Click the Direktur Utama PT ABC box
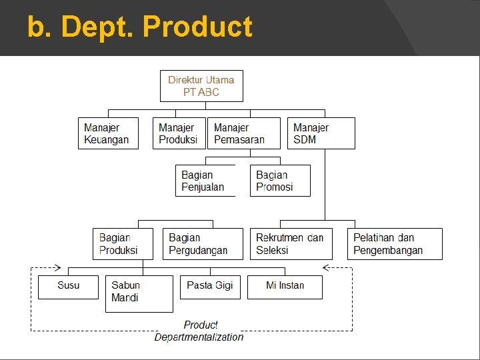pyautogui.click(x=201, y=86)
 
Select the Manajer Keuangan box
pyautogui.click(x=108, y=133)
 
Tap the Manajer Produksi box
pyautogui.click(x=179, y=133)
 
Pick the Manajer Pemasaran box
pyautogui.click(x=244, y=133)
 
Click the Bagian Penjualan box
pyautogui.click(x=205, y=181)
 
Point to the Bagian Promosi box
pyautogui.click(x=280, y=181)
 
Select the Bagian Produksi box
pyautogui.click(x=123, y=244)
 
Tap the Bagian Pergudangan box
pyautogui.click(x=202, y=244)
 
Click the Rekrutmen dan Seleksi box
pyautogui.click(x=292, y=244)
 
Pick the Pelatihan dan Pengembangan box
pyautogui.click(x=394, y=244)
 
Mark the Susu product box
pyautogui.click(x=68, y=287)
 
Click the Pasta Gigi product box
pyautogui.click(x=210, y=287)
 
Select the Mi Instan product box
pyautogui.click(x=285, y=287)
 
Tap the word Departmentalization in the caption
pyautogui.click(x=199, y=337)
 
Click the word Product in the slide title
pyautogui.click(x=198, y=27)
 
